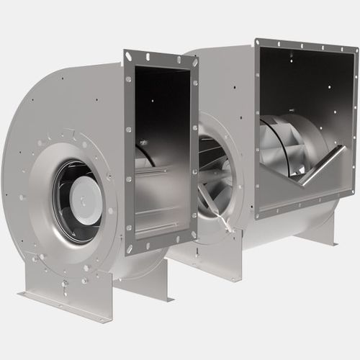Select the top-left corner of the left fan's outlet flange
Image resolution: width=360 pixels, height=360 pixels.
127,54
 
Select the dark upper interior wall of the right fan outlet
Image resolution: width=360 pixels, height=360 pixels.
302,79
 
